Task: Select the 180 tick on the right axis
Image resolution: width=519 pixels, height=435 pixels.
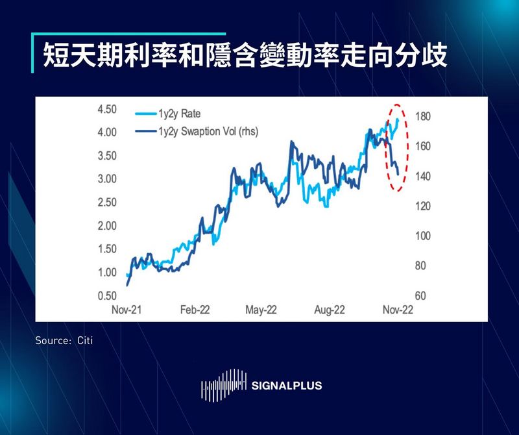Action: (x=422, y=117)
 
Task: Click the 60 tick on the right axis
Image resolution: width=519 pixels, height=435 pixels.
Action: (x=420, y=295)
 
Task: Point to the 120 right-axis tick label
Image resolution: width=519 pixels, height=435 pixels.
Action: (x=422, y=206)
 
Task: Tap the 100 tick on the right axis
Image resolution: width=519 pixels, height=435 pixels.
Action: (x=422, y=236)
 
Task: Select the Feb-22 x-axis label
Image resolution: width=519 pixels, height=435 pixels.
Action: (x=195, y=310)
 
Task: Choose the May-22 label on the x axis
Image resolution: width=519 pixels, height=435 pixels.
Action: (x=261, y=310)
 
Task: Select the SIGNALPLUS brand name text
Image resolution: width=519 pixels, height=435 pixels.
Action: (x=286, y=386)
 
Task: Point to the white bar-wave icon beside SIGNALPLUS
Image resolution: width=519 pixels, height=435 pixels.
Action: (x=224, y=386)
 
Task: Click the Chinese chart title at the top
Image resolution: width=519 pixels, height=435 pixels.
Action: (x=245, y=56)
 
